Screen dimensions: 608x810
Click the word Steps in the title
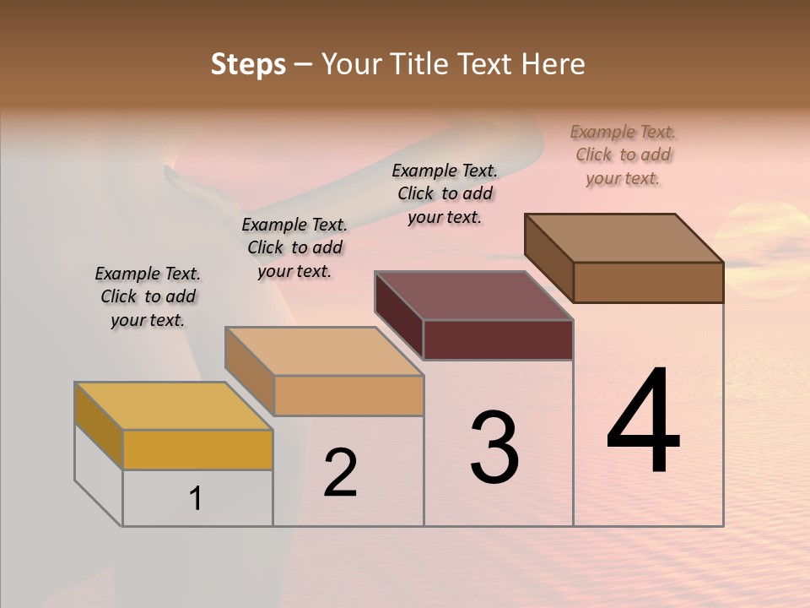point(248,64)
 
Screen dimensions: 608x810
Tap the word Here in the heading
point(551,64)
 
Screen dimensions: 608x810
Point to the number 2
point(340,473)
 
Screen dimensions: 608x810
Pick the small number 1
point(196,499)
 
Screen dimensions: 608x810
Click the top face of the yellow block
point(173,406)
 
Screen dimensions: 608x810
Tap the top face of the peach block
point(324,351)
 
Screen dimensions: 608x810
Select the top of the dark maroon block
point(474,296)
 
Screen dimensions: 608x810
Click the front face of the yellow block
point(197,449)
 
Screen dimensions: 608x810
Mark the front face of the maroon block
point(498,339)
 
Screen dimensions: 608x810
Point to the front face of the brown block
point(648,282)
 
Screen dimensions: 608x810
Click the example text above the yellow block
point(148,296)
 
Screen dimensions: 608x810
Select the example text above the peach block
point(294,247)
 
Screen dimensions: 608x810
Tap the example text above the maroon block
point(445,193)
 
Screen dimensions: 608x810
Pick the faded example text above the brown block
point(623,155)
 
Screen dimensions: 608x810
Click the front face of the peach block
point(348,395)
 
